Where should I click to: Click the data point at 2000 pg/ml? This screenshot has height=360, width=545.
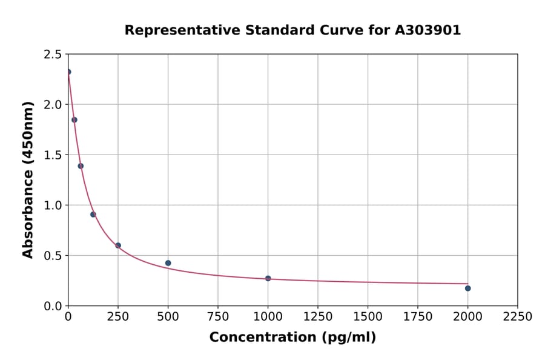(467, 288)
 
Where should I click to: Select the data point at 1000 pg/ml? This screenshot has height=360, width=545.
(268, 278)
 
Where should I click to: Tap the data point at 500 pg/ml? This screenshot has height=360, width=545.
(168, 263)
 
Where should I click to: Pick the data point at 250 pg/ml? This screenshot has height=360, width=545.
(118, 245)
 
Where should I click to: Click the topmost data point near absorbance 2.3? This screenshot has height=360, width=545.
(68, 72)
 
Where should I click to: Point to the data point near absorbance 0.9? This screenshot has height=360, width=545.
(93, 214)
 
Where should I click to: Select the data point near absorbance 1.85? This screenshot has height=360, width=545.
(74, 119)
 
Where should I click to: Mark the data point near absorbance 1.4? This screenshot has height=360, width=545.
(81, 165)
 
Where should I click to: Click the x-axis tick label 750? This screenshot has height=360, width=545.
(218, 316)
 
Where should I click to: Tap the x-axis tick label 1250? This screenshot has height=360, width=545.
(318, 316)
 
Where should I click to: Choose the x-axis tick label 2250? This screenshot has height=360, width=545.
(518, 316)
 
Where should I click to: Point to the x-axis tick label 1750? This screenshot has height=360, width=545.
(418, 316)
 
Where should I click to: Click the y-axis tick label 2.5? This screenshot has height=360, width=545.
(53, 55)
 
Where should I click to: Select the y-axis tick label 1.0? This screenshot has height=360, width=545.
(53, 205)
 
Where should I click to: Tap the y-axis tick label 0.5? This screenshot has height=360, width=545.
(53, 256)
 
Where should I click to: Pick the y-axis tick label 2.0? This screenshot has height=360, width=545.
(53, 105)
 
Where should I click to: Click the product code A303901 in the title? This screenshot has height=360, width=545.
(428, 30)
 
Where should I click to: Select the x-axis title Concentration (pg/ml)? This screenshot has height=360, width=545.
(292, 338)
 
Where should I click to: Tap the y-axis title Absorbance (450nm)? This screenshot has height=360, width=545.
(28, 179)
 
